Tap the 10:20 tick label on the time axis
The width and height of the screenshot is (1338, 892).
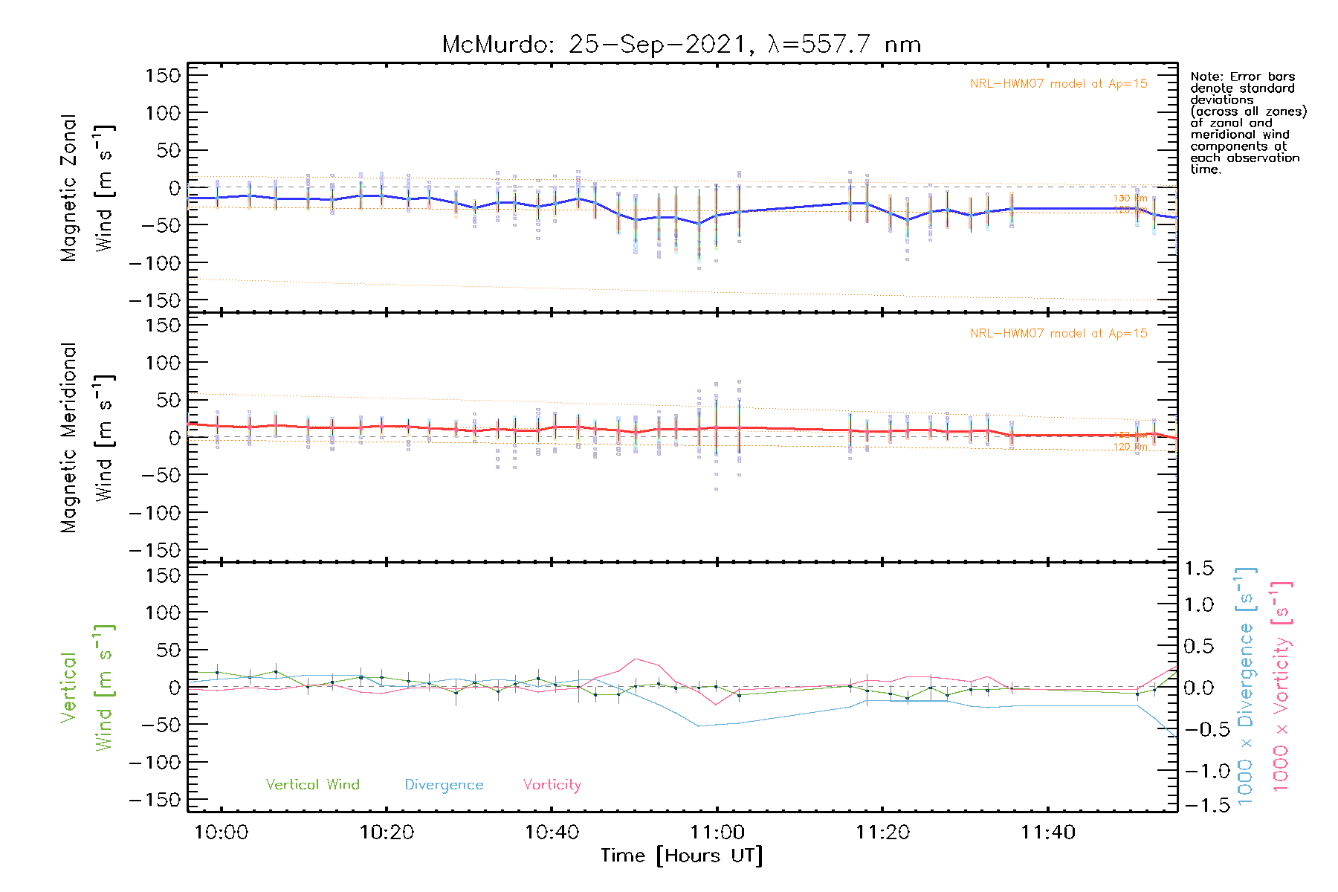[x=387, y=833]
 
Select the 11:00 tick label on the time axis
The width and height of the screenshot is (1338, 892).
[x=717, y=833]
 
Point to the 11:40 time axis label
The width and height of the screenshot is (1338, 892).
[x=1048, y=833]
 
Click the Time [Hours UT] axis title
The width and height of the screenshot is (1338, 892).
[x=682, y=856]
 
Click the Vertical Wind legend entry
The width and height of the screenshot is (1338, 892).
[x=312, y=785]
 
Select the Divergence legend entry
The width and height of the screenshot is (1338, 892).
[x=444, y=785]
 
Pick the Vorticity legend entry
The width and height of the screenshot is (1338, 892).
[x=552, y=785]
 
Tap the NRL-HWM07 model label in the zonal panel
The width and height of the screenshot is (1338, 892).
[x=1059, y=84]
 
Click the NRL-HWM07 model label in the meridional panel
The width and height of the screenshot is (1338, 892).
[x=1059, y=334]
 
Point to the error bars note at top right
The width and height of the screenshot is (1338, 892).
[x=1247, y=123]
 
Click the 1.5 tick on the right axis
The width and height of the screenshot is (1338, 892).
[x=1199, y=569]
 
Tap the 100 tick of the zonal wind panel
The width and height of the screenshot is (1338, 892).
[x=163, y=113]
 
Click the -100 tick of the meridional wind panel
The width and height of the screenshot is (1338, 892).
[x=155, y=513]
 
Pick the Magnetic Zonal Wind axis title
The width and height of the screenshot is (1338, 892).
[x=88, y=188]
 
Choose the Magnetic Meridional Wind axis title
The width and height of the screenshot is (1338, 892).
[x=88, y=438]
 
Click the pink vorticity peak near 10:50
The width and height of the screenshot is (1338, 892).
[x=636, y=659]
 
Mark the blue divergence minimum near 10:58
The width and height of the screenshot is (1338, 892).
[x=699, y=726]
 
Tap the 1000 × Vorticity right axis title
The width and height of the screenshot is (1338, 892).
[x=1281, y=686]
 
